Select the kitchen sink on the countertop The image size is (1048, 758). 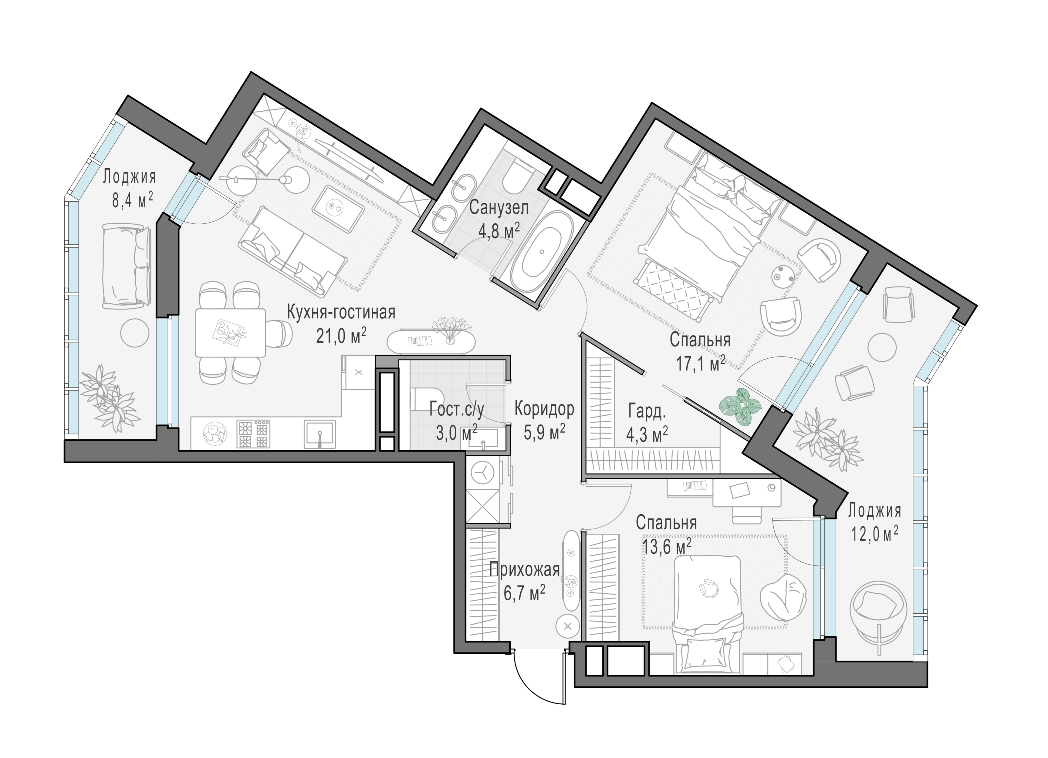coord(319,434)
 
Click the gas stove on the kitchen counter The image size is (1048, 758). coord(253,434)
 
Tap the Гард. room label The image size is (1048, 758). coord(647,411)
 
